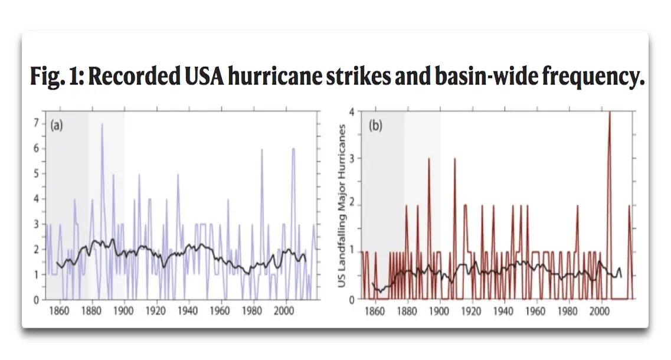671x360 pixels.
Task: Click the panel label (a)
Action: coord(57,125)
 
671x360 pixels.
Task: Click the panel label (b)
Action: coord(374,125)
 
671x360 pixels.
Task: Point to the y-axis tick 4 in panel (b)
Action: coord(352,112)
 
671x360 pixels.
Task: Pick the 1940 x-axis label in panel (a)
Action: coord(189,309)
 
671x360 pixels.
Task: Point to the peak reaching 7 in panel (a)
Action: coord(102,125)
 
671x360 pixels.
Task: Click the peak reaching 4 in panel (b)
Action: coord(609,113)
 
